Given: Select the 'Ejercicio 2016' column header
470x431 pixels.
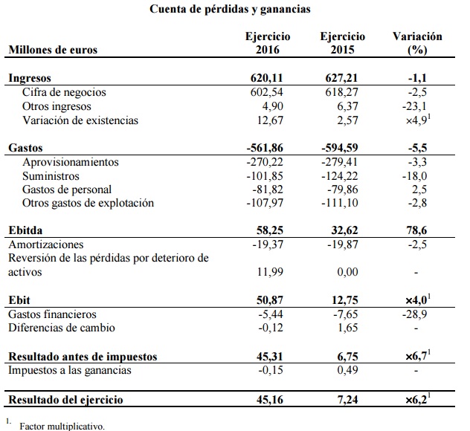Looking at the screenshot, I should coord(268,42).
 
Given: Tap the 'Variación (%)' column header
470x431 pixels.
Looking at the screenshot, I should coord(416,42).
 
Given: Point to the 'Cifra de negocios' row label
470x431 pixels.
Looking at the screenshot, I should coord(65,92).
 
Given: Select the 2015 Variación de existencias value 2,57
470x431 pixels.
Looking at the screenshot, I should coord(352,120).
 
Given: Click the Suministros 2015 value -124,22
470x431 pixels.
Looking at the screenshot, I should coord(345,176).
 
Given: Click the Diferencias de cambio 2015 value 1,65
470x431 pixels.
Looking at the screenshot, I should coord(352,328).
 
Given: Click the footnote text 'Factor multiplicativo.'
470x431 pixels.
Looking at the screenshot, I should coord(62,427).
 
